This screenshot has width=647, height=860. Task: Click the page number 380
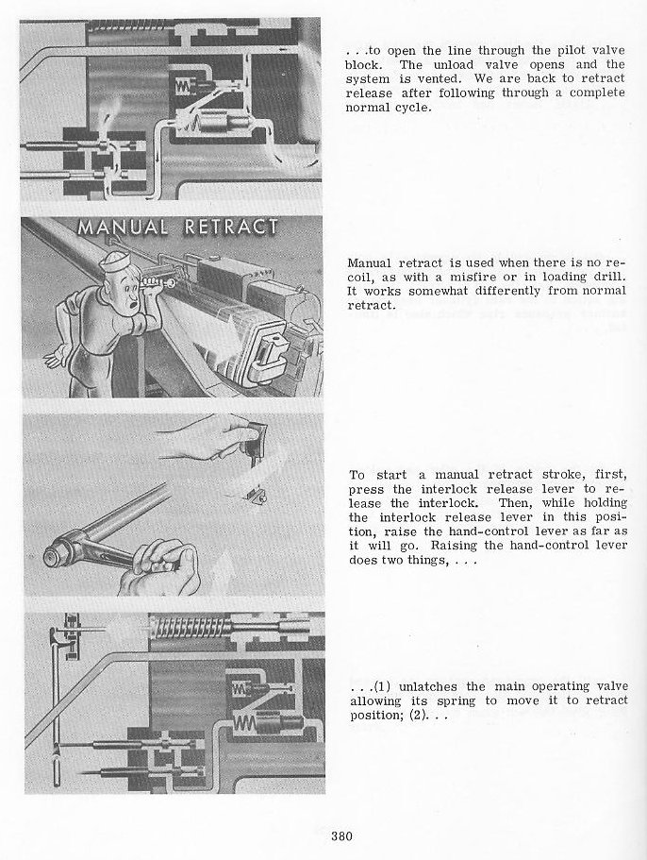[342, 835]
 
